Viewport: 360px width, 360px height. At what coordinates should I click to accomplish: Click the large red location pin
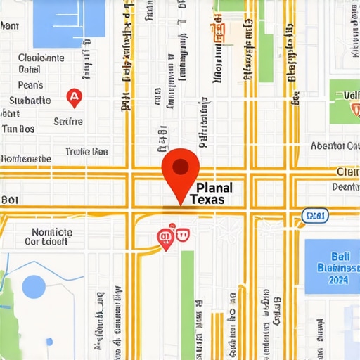click(181, 169)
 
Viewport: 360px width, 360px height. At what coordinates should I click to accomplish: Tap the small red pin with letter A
click(74, 97)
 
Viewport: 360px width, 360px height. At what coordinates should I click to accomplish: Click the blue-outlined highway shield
click(314, 214)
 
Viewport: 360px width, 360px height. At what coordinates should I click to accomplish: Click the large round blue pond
click(34, 287)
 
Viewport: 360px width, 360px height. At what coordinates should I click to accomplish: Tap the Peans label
click(31, 85)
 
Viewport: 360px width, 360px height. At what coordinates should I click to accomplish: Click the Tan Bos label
click(18, 129)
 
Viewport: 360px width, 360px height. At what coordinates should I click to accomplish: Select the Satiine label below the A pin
click(68, 121)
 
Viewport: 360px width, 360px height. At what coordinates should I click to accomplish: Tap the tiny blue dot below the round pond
click(49, 342)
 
